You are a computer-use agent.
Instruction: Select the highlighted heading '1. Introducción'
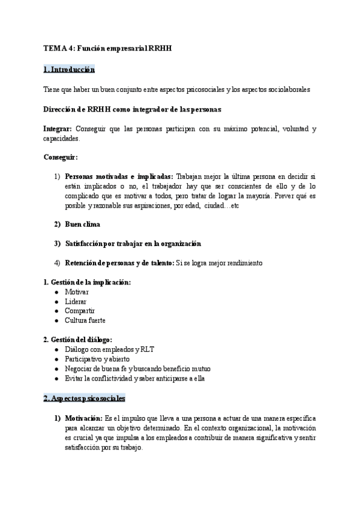tap(70, 70)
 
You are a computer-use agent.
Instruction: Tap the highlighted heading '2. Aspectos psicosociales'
tap(85, 398)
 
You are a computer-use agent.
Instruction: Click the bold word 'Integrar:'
tap(58, 129)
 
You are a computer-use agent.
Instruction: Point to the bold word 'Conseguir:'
tap(61, 157)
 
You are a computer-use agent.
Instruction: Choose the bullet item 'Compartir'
tap(80, 311)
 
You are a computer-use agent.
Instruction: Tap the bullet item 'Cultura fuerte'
tap(85, 321)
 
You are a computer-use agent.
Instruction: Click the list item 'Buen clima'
tap(83, 224)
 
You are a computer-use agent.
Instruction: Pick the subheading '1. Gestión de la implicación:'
tap(87, 282)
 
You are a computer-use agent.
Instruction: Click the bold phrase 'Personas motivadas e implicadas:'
tap(119, 176)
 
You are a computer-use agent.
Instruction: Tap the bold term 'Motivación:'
tap(84, 418)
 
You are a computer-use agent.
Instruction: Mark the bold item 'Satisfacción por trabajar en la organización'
tap(133, 244)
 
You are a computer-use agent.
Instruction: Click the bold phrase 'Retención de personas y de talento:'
tap(119, 263)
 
